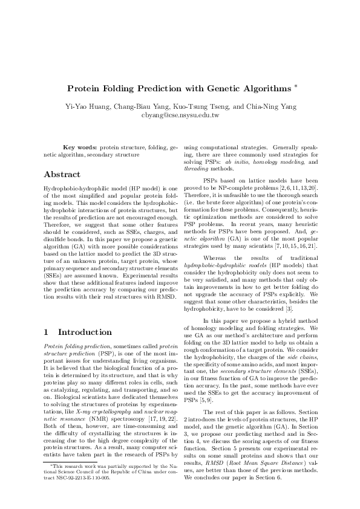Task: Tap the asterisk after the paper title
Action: point(295,86)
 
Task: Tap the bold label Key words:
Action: point(80,147)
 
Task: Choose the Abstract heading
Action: point(62,175)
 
